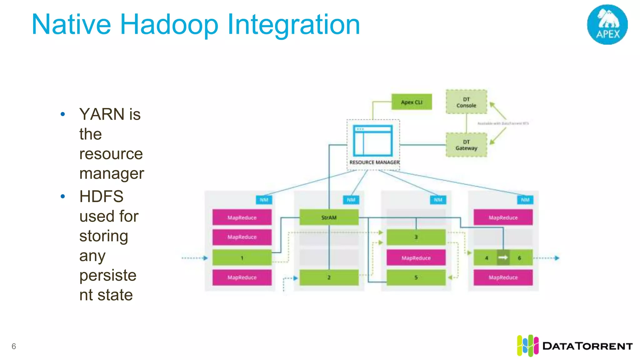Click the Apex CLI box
click(x=412, y=102)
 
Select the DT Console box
click(x=466, y=102)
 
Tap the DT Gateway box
click(x=466, y=145)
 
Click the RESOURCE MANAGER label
click(x=374, y=162)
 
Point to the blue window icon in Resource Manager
click(x=372, y=141)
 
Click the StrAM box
click(x=329, y=217)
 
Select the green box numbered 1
click(x=242, y=258)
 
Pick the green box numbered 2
click(x=329, y=277)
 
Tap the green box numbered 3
click(x=416, y=237)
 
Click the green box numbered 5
click(x=416, y=277)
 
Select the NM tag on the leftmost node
click(x=264, y=200)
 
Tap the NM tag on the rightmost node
click(x=525, y=200)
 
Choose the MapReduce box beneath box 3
click(x=416, y=258)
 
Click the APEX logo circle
click(x=607, y=24)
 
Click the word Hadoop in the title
click(x=169, y=25)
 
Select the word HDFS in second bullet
click(x=101, y=197)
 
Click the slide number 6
click(x=14, y=346)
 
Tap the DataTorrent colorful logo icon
click(x=527, y=346)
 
